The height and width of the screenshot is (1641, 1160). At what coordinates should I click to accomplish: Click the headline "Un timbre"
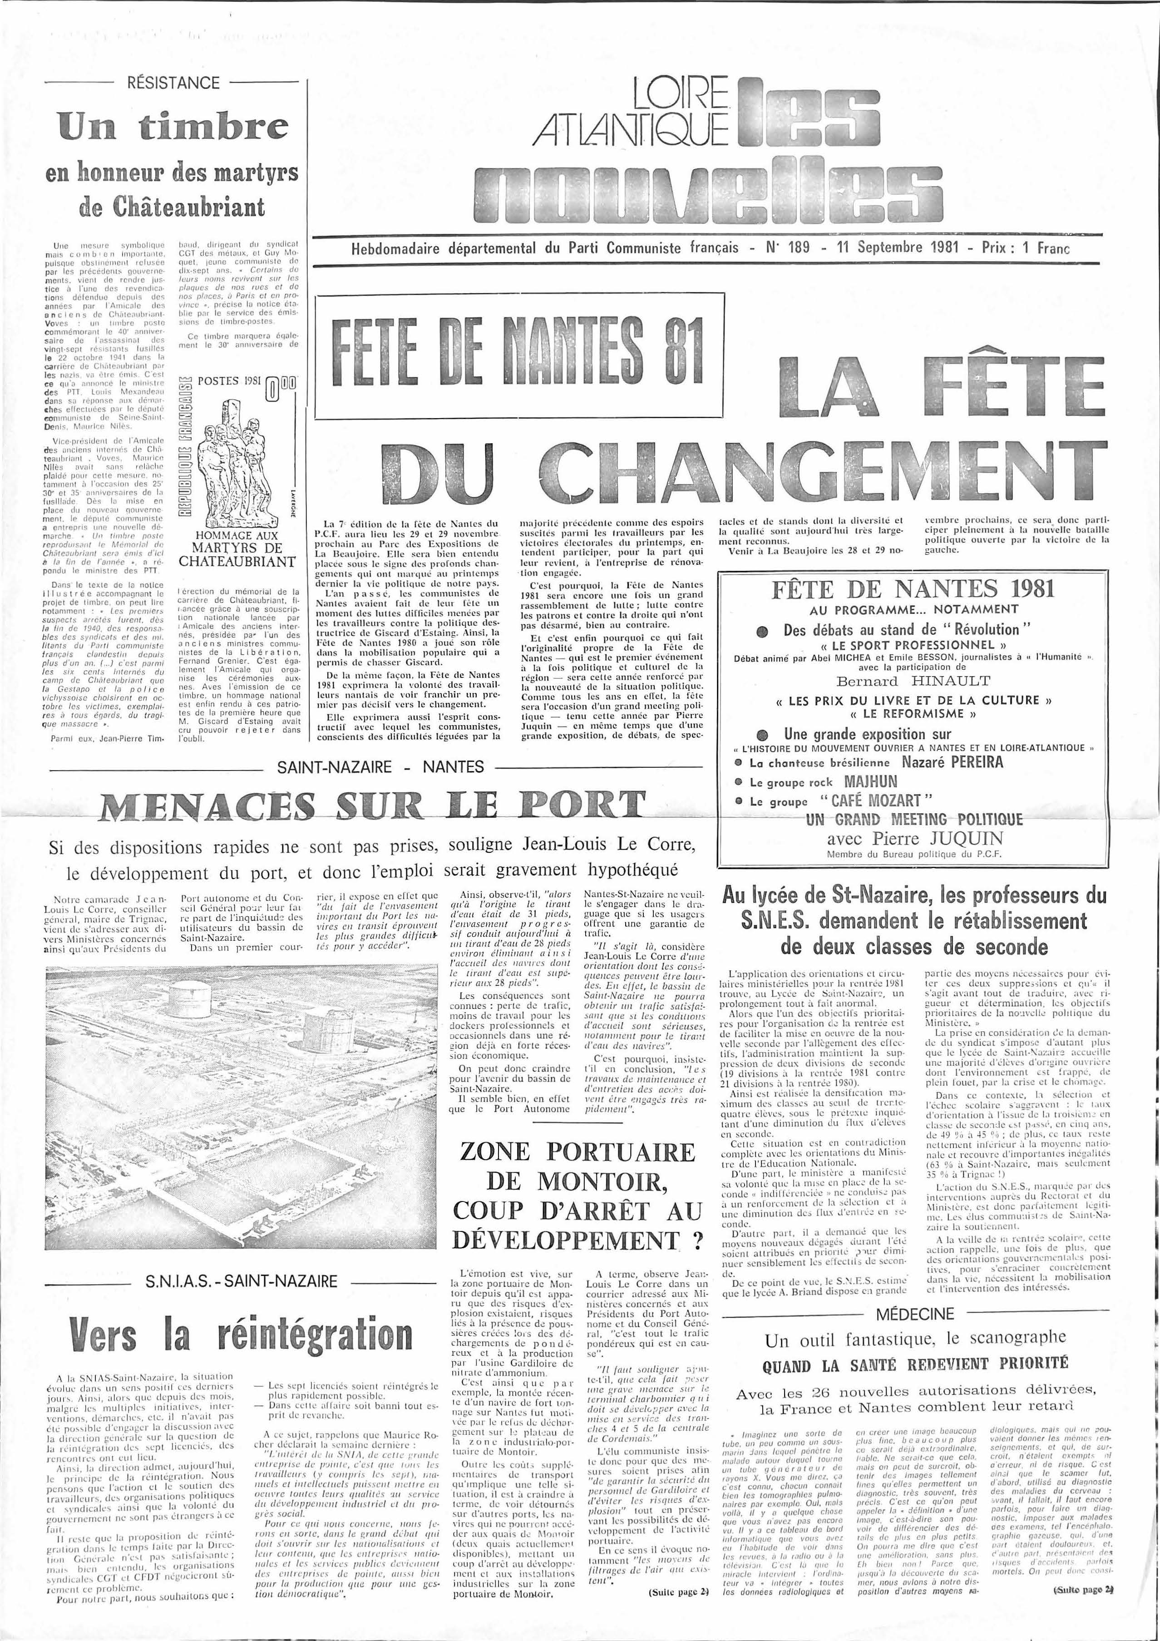click(174, 127)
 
